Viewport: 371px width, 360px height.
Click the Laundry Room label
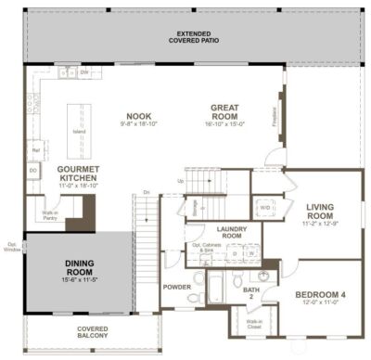228,232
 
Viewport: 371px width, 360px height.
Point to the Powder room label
176,288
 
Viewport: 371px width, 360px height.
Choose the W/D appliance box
264,208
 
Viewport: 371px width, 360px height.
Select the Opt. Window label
9,247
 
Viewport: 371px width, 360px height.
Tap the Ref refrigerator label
35,149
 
